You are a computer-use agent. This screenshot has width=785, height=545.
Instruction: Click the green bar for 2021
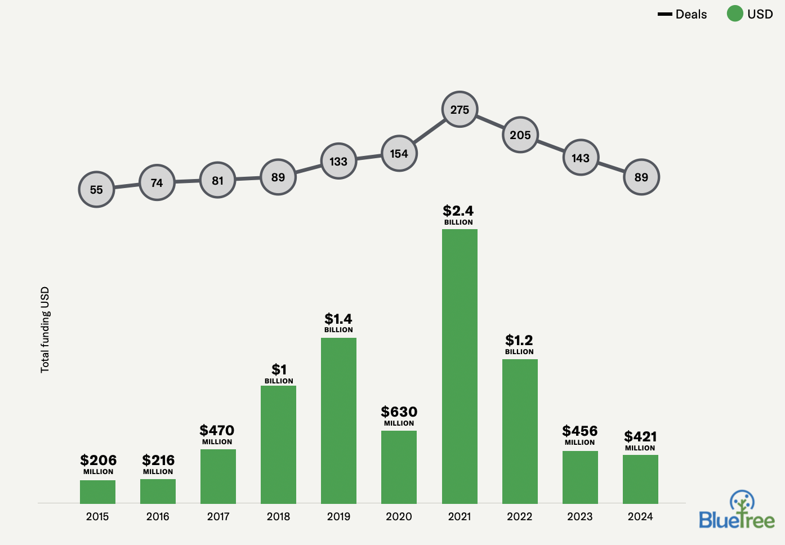tap(460, 366)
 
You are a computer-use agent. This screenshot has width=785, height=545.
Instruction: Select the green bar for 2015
tap(97, 492)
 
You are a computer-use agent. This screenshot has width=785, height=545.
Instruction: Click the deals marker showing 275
tap(460, 109)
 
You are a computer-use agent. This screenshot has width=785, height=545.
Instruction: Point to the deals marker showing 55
tap(96, 190)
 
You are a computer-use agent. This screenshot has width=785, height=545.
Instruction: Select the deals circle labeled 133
tap(338, 162)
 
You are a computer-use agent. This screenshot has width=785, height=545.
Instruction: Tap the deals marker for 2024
tap(641, 177)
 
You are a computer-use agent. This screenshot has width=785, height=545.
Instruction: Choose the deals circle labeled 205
tap(520, 135)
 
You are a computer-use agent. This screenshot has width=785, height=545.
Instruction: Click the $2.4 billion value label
tap(458, 214)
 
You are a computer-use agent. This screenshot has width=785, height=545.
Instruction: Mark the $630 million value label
tap(399, 416)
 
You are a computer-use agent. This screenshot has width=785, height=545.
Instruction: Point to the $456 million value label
tap(579, 435)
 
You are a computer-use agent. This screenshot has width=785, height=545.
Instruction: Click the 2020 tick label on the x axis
tap(399, 516)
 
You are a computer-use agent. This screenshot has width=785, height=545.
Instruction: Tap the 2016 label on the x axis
tap(158, 516)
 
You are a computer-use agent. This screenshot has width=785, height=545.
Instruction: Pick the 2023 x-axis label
tap(579, 516)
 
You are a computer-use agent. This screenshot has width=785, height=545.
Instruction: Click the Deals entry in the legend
tap(683, 15)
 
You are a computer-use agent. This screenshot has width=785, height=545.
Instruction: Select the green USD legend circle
tap(735, 14)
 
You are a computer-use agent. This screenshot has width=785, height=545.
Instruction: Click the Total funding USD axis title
tap(45, 330)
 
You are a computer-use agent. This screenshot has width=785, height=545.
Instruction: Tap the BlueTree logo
tap(737, 510)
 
